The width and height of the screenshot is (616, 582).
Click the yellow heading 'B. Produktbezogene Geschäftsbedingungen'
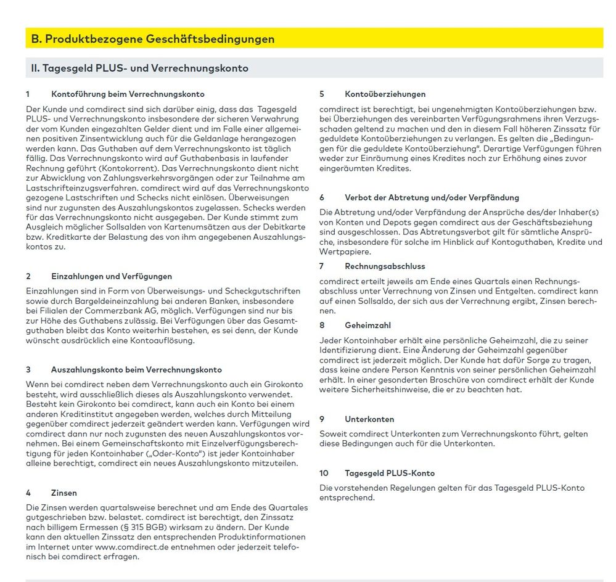tap(153, 39)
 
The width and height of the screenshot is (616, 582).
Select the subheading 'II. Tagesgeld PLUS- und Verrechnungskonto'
tap(140, 68)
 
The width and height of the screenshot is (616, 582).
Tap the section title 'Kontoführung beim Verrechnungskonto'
tap(128, 94)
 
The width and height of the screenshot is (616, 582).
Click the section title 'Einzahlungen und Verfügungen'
tap(112, 276)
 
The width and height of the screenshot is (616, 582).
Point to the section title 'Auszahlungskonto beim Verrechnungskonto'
tap(136, 370)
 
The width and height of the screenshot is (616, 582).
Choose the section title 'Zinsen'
tap(64, 493)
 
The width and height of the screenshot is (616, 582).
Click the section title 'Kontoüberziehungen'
tap(385, 94)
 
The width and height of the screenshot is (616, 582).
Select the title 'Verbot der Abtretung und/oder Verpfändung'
tap(432, 197)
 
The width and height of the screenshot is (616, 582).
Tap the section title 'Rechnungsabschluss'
tap(385, 266)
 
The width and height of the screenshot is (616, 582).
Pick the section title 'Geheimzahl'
tap(368, 325)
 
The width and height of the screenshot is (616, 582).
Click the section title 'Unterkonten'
tap(369, 419)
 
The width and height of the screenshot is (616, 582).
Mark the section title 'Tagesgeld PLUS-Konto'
tap(390, 473)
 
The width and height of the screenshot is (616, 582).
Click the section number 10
tap(324, 473)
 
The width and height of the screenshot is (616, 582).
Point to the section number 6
tap(322, 197)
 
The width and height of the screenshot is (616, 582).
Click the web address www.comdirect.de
tap(133, 546)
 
